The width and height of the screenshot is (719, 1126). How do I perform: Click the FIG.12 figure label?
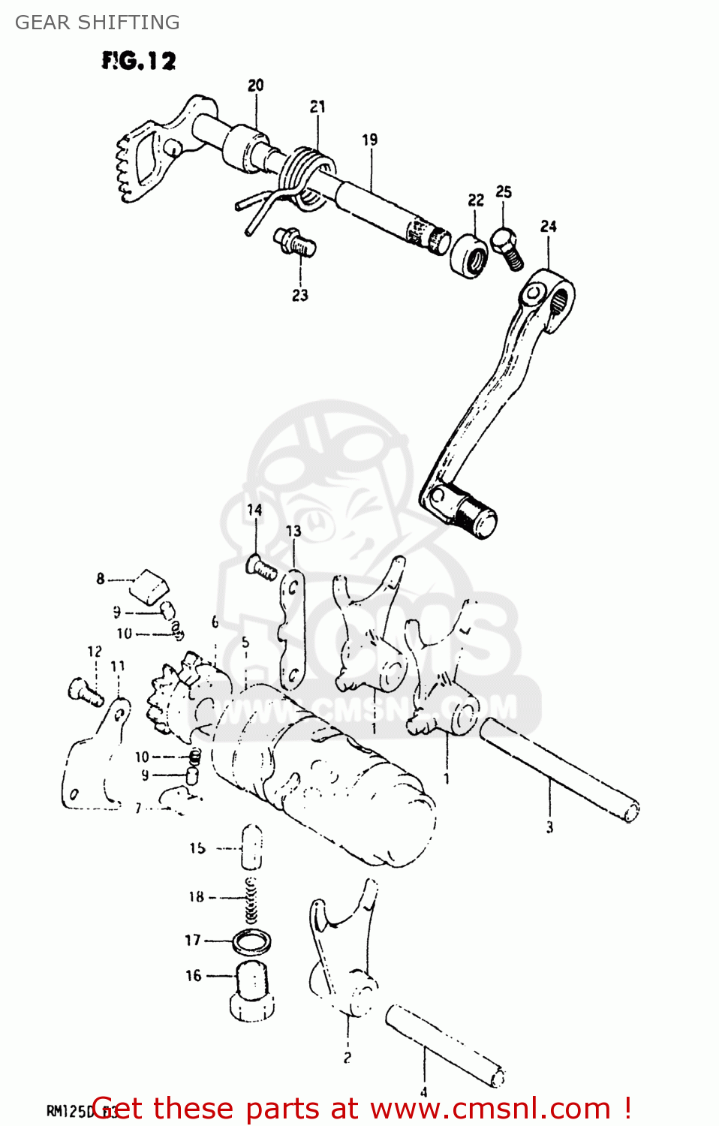[x=139, y=61]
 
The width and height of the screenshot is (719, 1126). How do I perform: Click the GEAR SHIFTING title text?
[x=98, y=23]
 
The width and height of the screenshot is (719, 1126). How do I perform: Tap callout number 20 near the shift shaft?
[x=256, y=86]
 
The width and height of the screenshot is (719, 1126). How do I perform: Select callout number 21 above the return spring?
[x=317, y=107]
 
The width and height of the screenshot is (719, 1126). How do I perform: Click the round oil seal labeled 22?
[x=470, y=255]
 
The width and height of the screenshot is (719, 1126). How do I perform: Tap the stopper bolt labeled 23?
[x=295, y=242]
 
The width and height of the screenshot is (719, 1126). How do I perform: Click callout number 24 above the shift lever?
[x=549, y=227]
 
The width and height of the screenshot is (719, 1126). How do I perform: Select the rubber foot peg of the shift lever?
[x=476, y=516]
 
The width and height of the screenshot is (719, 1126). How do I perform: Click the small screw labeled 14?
[x=261, y=567]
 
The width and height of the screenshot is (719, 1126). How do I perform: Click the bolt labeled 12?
[x=85, y=691]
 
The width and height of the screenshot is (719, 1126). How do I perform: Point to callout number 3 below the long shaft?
[x=549, y=827]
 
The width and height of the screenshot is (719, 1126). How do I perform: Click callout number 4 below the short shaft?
[x=423, y=1092]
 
